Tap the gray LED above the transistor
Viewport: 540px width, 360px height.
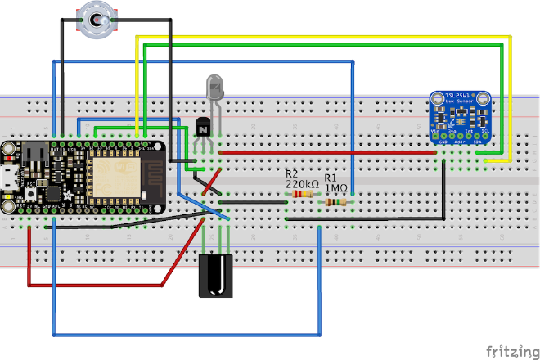tap(215, 85)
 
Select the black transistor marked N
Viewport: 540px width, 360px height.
tap(204, 128)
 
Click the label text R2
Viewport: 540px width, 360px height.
tap(291, 174)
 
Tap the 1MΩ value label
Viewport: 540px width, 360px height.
tap(336, 187)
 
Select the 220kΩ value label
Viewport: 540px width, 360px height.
tap(301, 184)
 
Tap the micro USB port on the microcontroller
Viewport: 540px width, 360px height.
tap(9, 178)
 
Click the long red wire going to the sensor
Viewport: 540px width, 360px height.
tap(327, 151)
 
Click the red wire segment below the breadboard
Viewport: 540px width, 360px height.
tap(98, 285)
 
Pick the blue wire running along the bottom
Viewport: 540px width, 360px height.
tap(188, 335)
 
